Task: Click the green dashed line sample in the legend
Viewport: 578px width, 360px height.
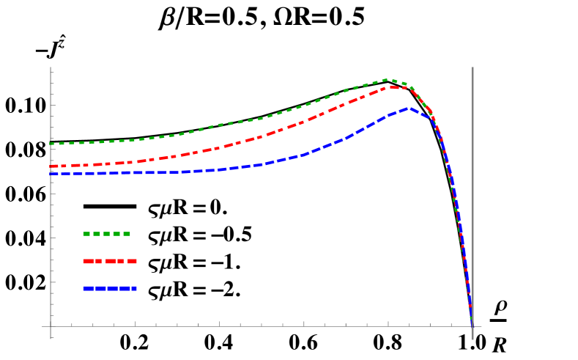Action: pos(106,234)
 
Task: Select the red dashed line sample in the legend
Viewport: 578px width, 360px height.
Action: pos(110,261)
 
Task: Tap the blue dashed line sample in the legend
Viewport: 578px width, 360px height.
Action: pos(110,288)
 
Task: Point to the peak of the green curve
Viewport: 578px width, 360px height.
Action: pos(388,79)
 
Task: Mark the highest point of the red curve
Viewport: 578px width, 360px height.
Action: pos(391,87)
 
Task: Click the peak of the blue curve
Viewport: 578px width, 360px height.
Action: pos(409,108)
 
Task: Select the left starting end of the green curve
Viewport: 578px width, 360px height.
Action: pos(51,144)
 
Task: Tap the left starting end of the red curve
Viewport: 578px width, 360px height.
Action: pos(51,166)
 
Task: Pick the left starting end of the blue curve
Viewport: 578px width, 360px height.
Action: pos(51,174)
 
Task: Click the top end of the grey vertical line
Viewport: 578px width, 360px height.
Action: pos(473,67)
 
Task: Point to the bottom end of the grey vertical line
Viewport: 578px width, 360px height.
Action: pos(473,339)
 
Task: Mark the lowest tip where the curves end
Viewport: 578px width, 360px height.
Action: pos(472,326)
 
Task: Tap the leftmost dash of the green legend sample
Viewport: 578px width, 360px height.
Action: pos(86,234)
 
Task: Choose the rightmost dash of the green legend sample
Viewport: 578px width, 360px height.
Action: pos(127,234)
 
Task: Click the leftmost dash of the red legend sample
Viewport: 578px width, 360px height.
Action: pos(88,261)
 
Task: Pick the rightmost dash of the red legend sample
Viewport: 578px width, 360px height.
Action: pos(133,261)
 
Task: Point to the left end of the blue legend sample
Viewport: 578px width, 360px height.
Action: pos(84,288)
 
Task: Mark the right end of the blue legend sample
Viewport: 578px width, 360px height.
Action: pos(136,288)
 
